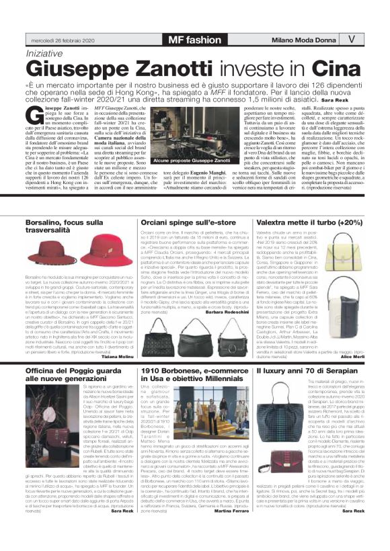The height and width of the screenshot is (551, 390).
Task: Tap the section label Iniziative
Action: (x=48, y=52)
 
